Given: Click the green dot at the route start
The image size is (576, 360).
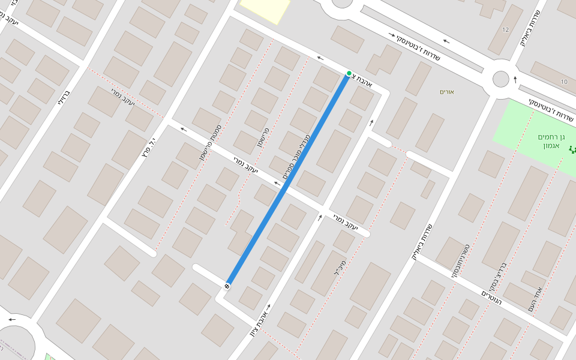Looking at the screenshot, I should click(x=349, y=74).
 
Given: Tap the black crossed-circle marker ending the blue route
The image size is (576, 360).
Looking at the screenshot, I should click(x=227, y=285).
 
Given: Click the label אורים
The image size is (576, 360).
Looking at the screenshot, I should click(x=447, y=92).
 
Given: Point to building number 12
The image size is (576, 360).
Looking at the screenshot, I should click(x=506, y=30).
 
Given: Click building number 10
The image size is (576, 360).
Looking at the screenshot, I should click(x=564, y=82).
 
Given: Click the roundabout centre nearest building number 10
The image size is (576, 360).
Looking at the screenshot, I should click(x=500, y=79).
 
